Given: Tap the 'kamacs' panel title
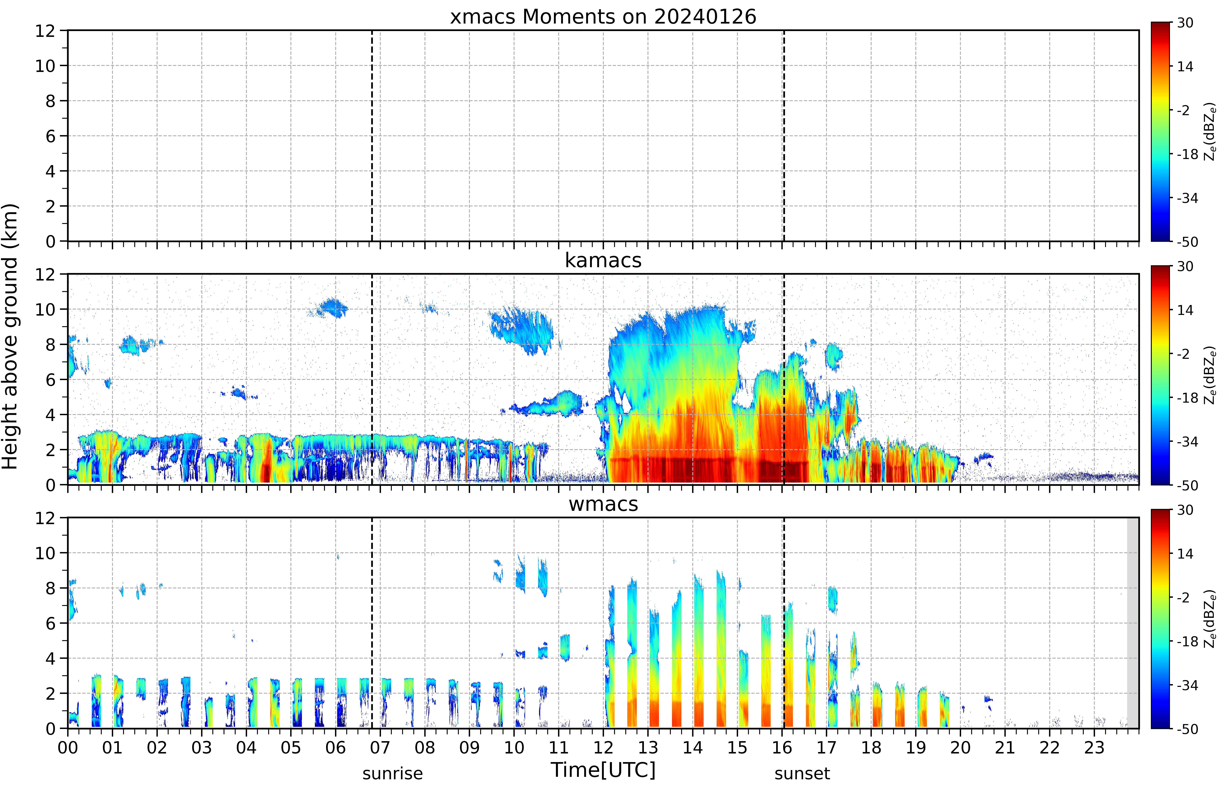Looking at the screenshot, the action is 603,260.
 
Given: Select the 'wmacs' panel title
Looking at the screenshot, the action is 603,504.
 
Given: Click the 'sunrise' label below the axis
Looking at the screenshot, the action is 393,773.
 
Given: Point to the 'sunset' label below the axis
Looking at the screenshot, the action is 802,773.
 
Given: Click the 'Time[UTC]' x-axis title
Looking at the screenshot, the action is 603,770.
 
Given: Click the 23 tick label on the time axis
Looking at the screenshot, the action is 1094,747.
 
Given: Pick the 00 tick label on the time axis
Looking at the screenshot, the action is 68,747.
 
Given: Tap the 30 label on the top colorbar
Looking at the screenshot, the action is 1185,23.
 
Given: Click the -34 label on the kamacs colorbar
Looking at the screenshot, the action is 1187,442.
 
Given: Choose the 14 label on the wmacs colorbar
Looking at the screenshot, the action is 1185,554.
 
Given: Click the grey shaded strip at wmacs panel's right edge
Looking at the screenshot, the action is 1133,623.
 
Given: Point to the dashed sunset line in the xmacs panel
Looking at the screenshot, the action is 784,136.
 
